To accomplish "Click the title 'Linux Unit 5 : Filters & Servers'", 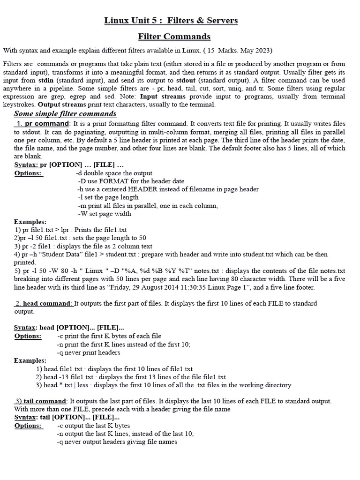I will (x=171, y=21).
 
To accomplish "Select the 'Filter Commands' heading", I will (x=174, y=37).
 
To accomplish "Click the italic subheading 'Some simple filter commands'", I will (x=65, y=114).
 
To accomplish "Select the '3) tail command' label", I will (x=41, y=401).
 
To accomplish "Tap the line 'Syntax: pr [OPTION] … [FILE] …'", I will (x=69, y=165).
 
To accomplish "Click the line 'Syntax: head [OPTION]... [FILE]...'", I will (x=69, y=327).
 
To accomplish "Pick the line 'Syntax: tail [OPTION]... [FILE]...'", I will (x=67, y=417).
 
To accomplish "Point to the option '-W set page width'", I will (x=105, y=214).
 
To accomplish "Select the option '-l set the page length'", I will (x=108, y=197).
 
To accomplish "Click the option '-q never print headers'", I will (x=89, y=352).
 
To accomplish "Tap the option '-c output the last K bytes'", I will (x=93, y=426).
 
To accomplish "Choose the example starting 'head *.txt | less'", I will (x=164, y=385).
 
